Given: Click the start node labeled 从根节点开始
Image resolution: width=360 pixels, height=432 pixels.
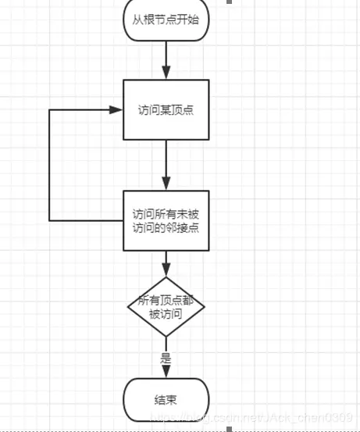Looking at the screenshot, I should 166,20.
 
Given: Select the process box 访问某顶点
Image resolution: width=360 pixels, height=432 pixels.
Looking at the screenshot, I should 166,109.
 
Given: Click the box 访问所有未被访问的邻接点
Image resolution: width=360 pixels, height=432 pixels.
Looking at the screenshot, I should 166,220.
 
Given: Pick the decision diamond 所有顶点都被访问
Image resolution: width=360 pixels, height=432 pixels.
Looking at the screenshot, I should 166,306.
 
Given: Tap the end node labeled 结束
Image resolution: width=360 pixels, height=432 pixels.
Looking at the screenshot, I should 166,399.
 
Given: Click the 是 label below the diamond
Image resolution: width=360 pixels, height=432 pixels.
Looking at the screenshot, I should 166,359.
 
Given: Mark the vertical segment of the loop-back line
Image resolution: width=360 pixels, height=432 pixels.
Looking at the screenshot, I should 50,164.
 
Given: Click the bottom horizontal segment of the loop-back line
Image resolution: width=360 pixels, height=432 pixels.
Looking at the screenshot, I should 86,220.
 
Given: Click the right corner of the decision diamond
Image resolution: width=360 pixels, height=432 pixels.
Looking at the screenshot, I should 203,307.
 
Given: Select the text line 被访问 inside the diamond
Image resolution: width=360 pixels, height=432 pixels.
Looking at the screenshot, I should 166,314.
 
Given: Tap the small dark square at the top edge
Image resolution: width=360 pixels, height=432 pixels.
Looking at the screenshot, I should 229,2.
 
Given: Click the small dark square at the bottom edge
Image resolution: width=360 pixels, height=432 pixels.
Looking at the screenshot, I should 229,429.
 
